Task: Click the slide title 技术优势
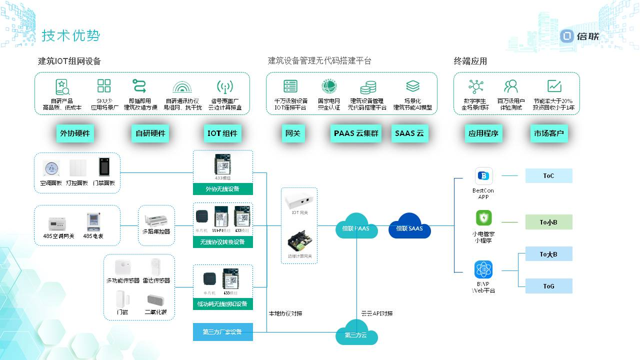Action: [71, 35]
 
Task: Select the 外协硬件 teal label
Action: [75, 133]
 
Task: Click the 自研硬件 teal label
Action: [150, 133]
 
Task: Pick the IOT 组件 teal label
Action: [222, 133]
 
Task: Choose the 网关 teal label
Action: [292, 133]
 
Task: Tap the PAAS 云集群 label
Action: [356, 133]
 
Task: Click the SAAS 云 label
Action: [409, 133]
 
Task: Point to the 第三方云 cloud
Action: [355, 333]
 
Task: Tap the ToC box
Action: [548, 176]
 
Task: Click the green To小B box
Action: [548, 222]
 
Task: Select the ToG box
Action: [548, 286]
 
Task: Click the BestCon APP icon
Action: [483, 176]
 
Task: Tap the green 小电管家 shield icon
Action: [483, 218]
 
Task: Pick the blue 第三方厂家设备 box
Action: [222, 332]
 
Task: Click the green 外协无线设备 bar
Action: [222, 189]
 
